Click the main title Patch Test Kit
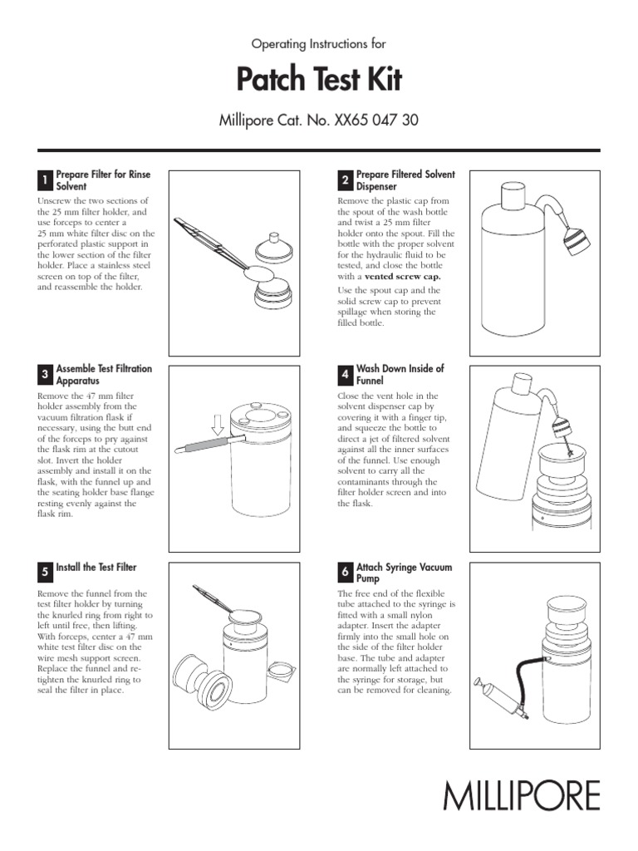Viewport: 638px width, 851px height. (x=319, y=80)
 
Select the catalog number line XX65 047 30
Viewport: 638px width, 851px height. (x=319, y=120)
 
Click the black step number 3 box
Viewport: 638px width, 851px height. (x=45, y=375)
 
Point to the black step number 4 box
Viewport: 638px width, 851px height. (x=345, y=375)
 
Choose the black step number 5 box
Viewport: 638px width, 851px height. (x=45, y=572)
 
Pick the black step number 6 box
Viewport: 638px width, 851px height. (x=345, y=572)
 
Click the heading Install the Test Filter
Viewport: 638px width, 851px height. (x=96, y=568)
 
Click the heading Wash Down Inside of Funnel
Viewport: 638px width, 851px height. (x=400, y=374)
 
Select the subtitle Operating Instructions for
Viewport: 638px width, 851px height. (x=319, y=43)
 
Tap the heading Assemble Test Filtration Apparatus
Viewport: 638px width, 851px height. (x=103, y=374)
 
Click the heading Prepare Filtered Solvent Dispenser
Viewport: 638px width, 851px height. (x=405, y=180)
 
